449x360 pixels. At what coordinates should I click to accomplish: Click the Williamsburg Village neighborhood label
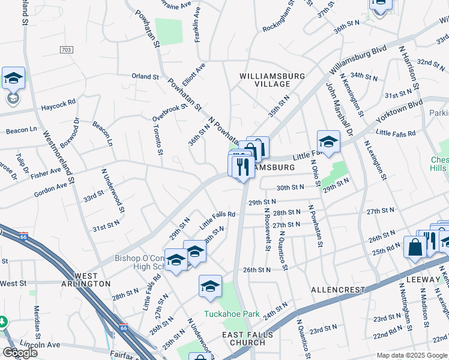pyautogui.click(x=272, y=80)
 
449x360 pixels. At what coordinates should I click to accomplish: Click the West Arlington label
pyautogui.click(x=85, y=278)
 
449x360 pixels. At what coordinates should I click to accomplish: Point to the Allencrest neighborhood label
pyautogui.click(x=337, y=290)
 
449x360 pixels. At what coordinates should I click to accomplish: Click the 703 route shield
pyautogui.click(x=67, y=49)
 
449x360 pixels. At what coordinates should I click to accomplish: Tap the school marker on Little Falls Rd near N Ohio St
pyautogui.click(x=328, y=142)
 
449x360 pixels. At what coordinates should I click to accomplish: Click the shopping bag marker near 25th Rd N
pyautogui.click(x=415, y=248)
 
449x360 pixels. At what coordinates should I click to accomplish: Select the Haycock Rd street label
pyautogui.click(x=58, y=107)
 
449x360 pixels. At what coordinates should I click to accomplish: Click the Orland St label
pyautogui.click(x=145, y=77)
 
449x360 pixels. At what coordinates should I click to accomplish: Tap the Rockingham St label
pyautogui.click(x=277, y=17)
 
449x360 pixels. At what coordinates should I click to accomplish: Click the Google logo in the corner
pyautogui.click(x=20, y=353)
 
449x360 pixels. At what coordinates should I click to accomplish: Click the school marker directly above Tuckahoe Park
pyautogui.click(x=210, y=287)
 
